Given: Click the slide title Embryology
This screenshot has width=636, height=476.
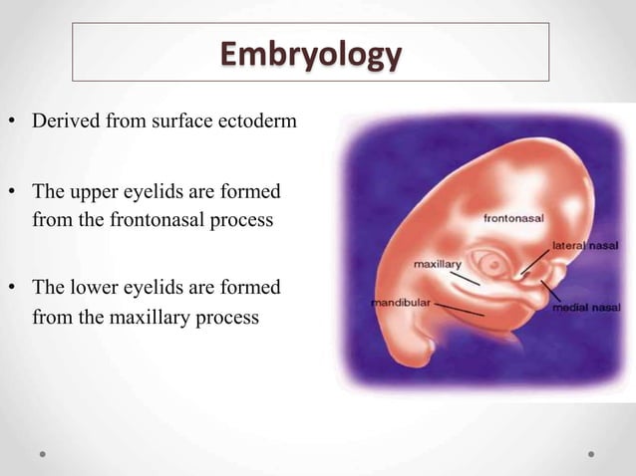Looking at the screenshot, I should pos(311,54).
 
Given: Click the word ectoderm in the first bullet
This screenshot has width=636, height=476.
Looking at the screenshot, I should pos(256,121).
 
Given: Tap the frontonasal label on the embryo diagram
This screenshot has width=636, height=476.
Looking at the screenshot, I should pos(514,216).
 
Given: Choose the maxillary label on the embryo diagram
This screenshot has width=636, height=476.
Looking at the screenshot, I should pos(438,264).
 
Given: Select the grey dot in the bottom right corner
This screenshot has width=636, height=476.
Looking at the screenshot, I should pos(591,454).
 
